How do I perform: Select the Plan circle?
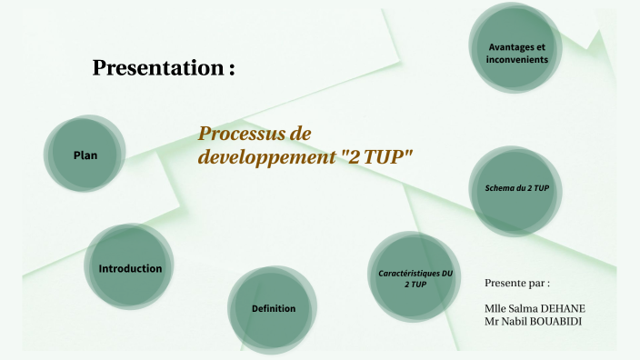tap(85, 155)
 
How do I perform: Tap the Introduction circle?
tap(130, 269)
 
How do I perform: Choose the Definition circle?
tap(274, 308)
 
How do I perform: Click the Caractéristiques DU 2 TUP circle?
tap(415, 278)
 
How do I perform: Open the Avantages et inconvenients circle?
tap(517, 53)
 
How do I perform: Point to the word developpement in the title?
tap(265, 156)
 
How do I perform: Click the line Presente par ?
tap(517, 283)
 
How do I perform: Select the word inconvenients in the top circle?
tap(517, 59)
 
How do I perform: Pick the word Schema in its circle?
tap(499, 188)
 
